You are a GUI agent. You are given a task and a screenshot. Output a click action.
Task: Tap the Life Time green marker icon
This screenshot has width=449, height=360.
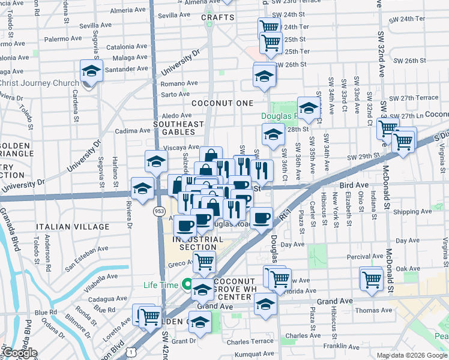[187, 285]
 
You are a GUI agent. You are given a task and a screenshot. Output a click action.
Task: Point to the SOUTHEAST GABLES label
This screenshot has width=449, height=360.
[175, 127]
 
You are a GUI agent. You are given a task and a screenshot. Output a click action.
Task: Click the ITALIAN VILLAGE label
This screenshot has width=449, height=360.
[72, 227]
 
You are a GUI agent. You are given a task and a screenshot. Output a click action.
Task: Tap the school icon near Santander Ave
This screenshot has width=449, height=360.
[91, 71]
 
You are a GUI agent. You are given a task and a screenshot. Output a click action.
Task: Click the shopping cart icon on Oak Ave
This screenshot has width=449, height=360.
[372, 279]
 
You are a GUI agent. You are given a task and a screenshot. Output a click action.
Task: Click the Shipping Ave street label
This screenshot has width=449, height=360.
[410, 212]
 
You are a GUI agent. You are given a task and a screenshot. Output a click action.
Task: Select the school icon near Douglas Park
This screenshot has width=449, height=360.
[309, 109]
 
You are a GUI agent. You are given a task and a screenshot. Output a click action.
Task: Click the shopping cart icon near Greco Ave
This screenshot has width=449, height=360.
[204, 262]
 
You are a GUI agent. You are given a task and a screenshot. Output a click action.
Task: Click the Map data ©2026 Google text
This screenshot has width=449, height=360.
[412, 355]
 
